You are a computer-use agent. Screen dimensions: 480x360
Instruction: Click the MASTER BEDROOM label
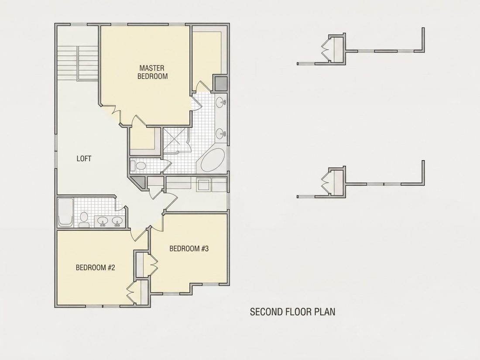pyautogui.click(x=152, y=72)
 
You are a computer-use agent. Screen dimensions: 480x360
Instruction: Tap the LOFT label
pyautogui.click(x=84, y=158)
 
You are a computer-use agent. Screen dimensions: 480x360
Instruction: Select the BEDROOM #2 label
pyautogui.click(x=95, y=267)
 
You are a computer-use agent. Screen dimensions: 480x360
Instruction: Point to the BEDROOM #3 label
pyautogui.click(x=189, y=248)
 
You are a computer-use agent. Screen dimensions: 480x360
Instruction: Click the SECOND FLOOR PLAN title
pyautogui.click(x=293, y=312)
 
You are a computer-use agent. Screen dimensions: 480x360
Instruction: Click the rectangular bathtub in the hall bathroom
pyautogui.click(x=65, y=213)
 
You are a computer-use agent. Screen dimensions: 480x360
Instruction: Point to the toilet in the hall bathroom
pyautogui.click(x=84, y=220)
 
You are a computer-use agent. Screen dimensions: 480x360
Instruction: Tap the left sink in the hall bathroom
pyautogui.click(x=103, y=221)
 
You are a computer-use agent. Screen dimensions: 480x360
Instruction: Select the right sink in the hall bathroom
pyautogui.click(x=117, y=221)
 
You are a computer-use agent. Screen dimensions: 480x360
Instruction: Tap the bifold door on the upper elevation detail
pyautogui.click(x=325, y=49)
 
